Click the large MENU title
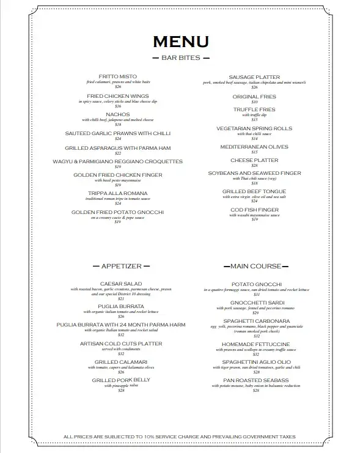tap(180, 42)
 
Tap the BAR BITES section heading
tap(180, 58)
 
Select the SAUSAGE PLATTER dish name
tap(255, 77)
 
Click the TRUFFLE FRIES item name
tap(255, 109)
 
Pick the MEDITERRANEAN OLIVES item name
tap(255, 147)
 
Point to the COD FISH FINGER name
tap(255, 210)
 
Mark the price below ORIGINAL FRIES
tap(255, 101)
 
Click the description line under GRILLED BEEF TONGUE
tap(255, 196)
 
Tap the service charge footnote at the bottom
tap(180, 437)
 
